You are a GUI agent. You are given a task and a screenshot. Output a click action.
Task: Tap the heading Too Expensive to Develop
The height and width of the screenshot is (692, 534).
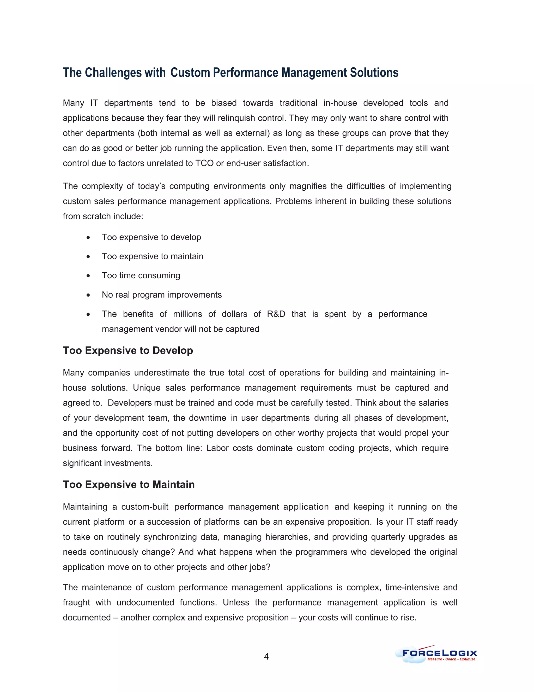coord(128,350)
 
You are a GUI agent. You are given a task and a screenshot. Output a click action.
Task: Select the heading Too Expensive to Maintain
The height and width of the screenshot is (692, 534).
coord(129,484)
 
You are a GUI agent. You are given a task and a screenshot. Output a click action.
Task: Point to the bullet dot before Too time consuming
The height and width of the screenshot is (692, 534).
coord(88,276)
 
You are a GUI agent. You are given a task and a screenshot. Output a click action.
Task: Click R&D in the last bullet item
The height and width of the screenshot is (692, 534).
coord(276,314)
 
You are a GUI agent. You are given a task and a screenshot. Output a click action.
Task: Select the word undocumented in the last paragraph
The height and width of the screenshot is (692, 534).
coord(145,603)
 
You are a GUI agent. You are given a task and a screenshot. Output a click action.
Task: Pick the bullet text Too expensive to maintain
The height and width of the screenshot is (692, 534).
coord(153,256)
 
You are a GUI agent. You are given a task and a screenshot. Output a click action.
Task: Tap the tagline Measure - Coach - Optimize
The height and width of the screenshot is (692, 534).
coord(451,659)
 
